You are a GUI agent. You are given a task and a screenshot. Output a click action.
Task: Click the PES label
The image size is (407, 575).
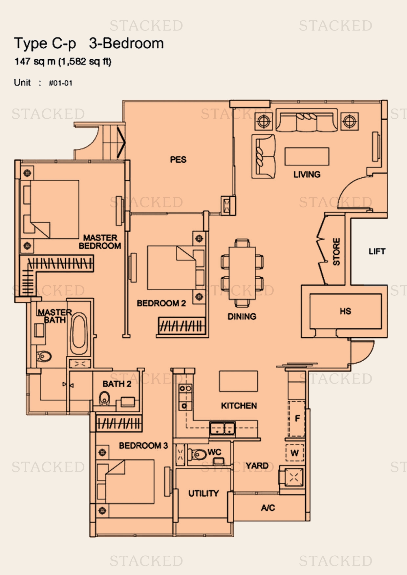click(x=178, y=160)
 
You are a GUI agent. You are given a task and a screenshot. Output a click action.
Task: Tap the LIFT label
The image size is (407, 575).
click(x=377, y=251)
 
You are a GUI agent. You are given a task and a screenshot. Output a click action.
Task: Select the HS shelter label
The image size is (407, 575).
click(x=345, y=311)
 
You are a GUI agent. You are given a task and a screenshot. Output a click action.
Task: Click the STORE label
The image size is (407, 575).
click(x=336, y=252)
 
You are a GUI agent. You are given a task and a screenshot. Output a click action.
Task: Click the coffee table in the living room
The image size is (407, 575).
click(x=307, y=157)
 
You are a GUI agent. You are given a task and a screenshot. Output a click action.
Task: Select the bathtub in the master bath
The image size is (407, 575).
click(x=79, y=334)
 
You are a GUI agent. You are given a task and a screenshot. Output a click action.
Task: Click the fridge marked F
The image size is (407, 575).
click(x=297, y=419)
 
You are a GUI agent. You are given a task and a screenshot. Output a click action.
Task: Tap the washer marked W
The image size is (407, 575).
click(x=294, y=453)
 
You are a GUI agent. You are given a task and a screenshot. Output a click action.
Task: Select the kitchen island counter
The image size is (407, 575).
click(x=238, y=381)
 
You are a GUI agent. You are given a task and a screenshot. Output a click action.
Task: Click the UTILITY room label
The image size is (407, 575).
click(x=203, y=493)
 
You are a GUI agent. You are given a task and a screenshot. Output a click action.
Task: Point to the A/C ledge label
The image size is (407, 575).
click(x=268, y=508)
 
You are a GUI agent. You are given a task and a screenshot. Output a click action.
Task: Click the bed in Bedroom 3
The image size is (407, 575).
click(x=126, y=481)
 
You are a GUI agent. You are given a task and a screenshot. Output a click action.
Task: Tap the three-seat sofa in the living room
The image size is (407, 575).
click(x=307, y=120)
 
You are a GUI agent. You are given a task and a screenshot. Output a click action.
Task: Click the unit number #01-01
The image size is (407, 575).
click(x=60, y=83)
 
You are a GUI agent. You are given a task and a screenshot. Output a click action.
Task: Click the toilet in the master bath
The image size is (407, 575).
click(x=44, y=356)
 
